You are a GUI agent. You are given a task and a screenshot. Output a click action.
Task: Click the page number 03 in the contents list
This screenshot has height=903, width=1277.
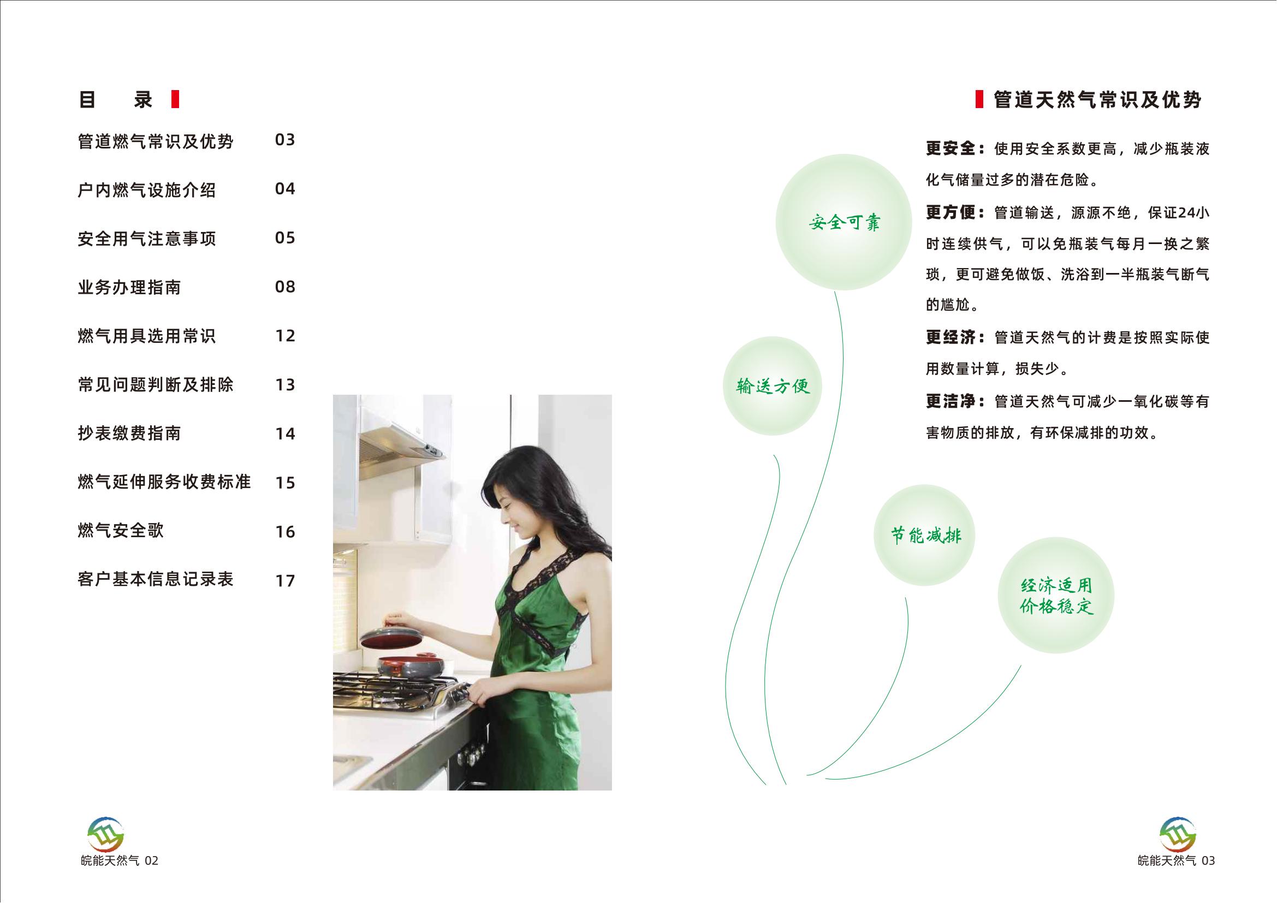[285, 140]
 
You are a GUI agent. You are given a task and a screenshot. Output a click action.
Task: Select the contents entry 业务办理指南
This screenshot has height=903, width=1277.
[129, 288]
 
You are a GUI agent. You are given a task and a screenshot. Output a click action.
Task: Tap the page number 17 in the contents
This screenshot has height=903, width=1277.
[286, 581]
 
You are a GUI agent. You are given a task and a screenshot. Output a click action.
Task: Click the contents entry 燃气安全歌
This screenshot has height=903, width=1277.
[121, 531]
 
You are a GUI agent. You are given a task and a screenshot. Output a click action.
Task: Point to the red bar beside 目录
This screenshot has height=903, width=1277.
[175, 99]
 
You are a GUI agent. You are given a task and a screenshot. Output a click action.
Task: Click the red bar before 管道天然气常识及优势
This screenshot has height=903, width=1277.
[979, 99]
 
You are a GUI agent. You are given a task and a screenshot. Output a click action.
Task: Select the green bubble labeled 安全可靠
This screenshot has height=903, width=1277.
[844, 222]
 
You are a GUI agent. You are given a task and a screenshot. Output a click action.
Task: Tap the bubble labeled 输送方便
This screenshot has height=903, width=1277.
[773, 386]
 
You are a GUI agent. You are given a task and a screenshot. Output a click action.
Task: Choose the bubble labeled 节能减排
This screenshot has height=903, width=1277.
[924, 535]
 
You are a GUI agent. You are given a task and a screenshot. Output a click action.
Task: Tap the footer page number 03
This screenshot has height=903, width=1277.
[1208, 862]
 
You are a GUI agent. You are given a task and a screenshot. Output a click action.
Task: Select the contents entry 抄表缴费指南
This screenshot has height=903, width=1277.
[129, 433]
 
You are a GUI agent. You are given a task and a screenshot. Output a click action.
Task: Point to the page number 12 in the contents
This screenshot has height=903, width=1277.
[286, 336]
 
